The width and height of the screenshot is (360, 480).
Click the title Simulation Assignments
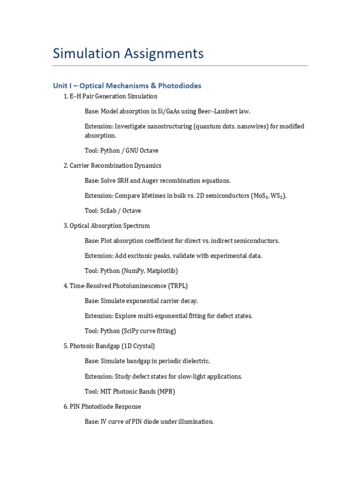(x=128, y=53)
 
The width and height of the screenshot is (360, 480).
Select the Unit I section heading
(x=127, y=86)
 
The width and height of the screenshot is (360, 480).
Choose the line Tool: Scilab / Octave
(x=113, y=210)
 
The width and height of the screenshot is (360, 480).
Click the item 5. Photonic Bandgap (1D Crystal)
(x=109, y=346)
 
